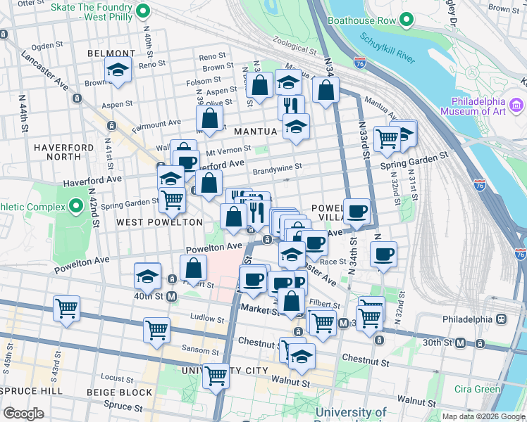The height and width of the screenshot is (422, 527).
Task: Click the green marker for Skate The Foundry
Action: (143, 11)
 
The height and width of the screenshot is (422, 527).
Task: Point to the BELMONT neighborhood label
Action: (111, 53)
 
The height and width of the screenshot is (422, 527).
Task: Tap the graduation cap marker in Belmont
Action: (118, 70)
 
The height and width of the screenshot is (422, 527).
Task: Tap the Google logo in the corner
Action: (23, 414)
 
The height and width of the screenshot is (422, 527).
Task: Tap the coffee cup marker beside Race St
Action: (383, 254)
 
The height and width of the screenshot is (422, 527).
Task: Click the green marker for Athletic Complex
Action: (76, 206)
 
